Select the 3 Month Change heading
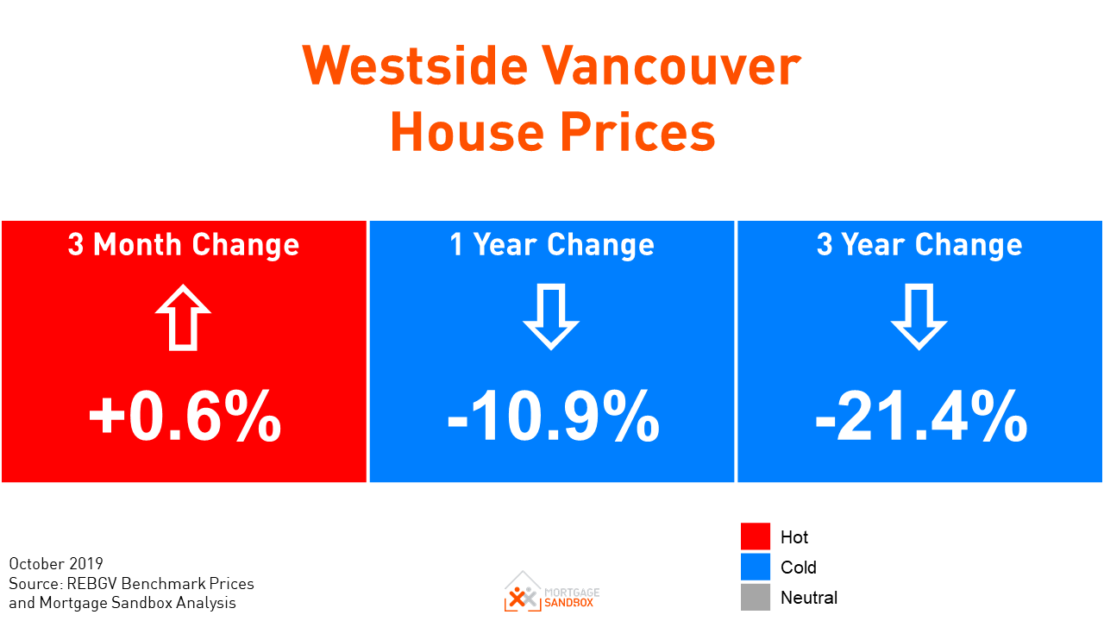(x=184, y=245)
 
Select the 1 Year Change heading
(x=552, y=245)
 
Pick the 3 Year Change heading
(x=919, y=245)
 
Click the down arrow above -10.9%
(x=551, y=317)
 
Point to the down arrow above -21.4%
(x=919, y=317)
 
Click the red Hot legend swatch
(x=756, y=536)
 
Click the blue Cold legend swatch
(x=756, y=567)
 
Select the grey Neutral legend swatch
(x=756, y=597)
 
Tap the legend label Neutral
(x=809, y=598)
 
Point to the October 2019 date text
(x=56, y=564)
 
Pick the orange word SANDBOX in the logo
(x=571, y=602)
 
